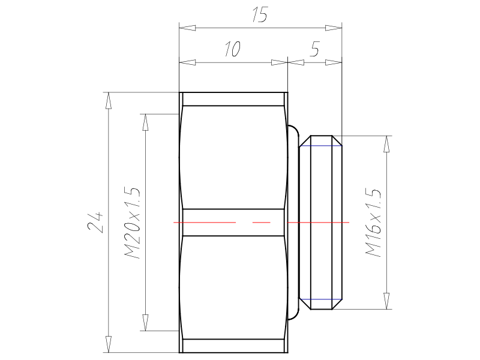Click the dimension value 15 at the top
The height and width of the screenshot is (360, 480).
260,14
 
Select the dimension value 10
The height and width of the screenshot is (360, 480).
233,49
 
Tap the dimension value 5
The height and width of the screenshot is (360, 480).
314,49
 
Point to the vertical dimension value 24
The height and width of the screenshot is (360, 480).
95,222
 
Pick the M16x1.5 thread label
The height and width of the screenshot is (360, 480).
373,223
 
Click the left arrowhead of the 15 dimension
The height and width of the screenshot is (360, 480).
187,28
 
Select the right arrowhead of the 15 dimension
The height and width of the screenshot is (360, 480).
334,28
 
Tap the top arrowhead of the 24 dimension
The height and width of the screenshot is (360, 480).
108,101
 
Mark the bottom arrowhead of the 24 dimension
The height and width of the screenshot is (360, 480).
108,344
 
